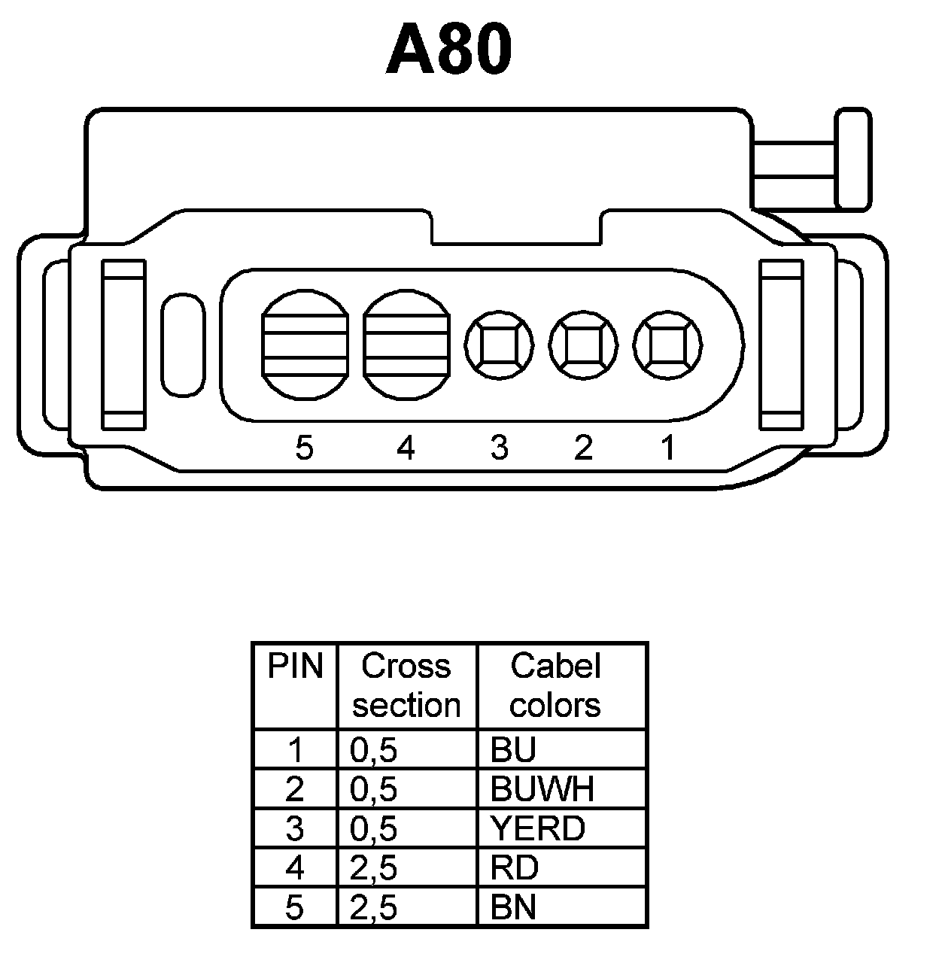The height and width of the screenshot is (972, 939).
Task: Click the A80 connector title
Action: click(449, 49)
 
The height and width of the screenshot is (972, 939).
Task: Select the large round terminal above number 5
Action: click(305, 345)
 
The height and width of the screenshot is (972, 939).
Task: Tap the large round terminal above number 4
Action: click(406, 345)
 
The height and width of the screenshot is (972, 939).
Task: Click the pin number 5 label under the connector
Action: click(304, 448)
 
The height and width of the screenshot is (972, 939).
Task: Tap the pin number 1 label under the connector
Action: click(667, 448)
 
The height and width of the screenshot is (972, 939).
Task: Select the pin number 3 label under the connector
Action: click(499, 448)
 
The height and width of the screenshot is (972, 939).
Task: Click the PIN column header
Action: click(295, 667)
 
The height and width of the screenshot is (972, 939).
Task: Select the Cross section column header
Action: click(406, 685)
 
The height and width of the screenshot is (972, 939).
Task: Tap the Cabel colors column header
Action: click(555, 685)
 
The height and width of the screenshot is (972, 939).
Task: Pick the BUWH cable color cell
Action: click(542, 788)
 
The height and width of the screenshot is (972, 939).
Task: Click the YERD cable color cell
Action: click(537, 828)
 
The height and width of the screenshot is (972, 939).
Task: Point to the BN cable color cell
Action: click(514, 907)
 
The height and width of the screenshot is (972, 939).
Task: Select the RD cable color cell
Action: click(515, 867)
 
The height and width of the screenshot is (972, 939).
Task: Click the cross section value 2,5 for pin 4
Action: click(373, 867)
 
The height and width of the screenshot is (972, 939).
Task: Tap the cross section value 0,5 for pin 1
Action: click(373, 749)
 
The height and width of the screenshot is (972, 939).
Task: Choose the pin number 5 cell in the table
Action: click(295, 907)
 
